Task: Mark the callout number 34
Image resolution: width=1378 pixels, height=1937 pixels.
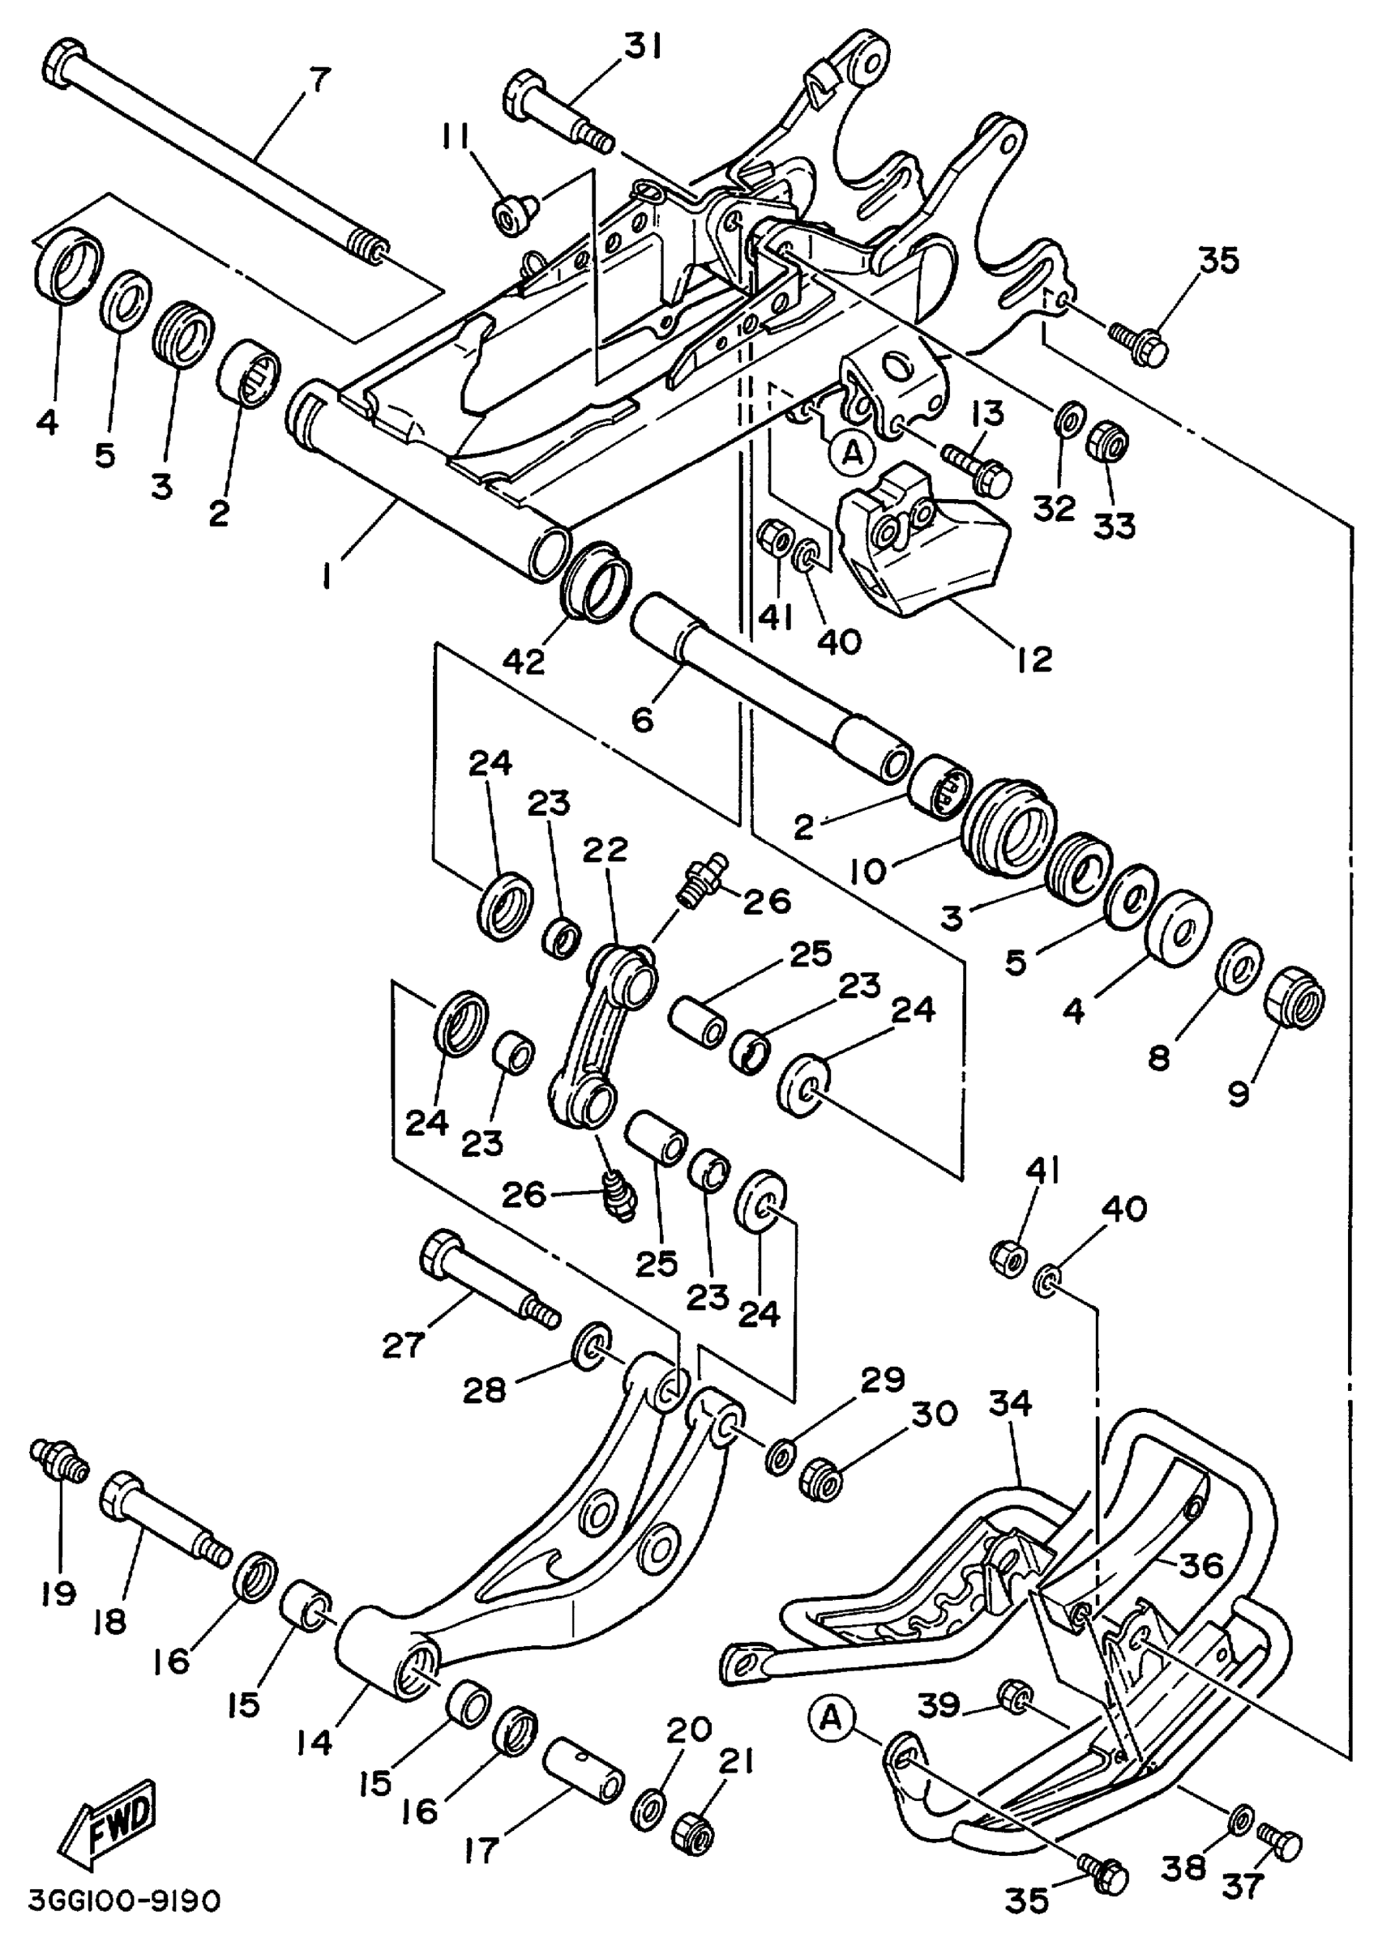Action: (1009, 1404)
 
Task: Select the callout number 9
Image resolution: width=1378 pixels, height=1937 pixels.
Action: (1239, 1094)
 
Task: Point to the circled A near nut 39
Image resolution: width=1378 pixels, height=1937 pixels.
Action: (832, 1718)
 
